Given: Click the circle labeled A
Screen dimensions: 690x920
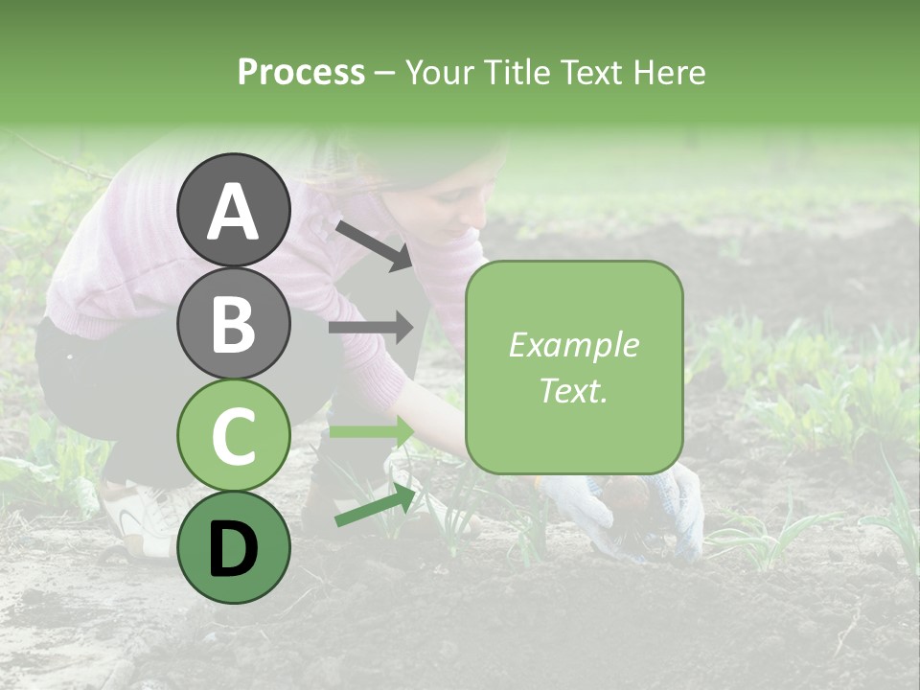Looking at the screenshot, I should pyautogui.click(x=233, y=210).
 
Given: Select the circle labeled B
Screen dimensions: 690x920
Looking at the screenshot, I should pyautogui.click(x=233, y=323).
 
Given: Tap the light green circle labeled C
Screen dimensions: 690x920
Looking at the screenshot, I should pyautogui.click(x=233, y=435).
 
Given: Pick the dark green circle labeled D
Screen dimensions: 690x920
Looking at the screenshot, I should pyautogui.click(x=233, y=547).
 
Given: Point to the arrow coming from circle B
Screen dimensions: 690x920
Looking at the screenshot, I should pyautogui.click(x=372, y=328).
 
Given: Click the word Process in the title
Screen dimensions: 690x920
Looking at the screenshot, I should pyautogui.click(x=301, y=72).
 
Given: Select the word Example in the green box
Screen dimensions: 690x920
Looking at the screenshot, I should pyautogui.click(x=573, y=345).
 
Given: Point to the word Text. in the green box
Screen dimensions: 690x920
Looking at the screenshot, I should pyautogui.click(x=573, y=390).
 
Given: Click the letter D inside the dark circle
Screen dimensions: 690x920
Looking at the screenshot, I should pyautogui.click(x=233, y=549).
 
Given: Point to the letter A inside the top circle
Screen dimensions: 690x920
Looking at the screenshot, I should pyautogui.click(x=233, y=212).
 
